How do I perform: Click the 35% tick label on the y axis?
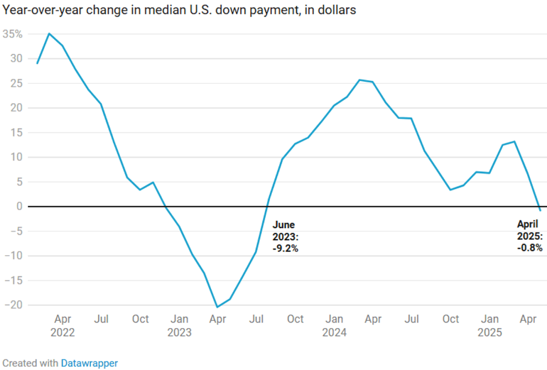click(x=13, y=34)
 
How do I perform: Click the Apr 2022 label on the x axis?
click(x=62, y=325)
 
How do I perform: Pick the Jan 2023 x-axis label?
click(x=179, y=325)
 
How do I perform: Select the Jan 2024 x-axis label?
click(x=334, y=325)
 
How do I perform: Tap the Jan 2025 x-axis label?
click(x=490, y=325)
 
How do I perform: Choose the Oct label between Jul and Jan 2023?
click(x=140, y=319)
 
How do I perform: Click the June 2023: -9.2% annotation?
click(x=286, y=236)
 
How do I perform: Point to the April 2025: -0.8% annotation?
click(x=530, y=236)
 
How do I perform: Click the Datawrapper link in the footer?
click(x=89, y=363)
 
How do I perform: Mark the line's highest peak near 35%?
click(x=49, y=33)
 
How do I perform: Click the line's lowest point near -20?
click(x=217, y=307)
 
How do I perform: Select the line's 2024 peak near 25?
click(x=360, y=80)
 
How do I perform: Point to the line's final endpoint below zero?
click(x=540, y=210)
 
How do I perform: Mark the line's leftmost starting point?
click(x=37, y=64)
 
